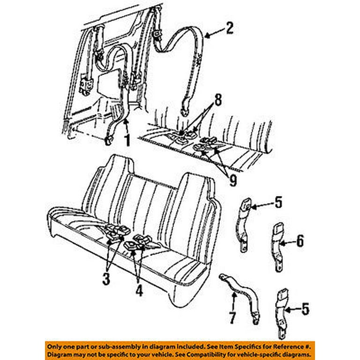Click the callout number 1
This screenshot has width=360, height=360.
(x=126, y=139)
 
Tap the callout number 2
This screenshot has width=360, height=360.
(x=229, y=28)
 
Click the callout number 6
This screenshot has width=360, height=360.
(x=300, y=241)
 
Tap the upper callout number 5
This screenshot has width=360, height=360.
(x=278, y=203)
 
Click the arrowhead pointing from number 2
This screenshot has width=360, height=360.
(x=207, y=34)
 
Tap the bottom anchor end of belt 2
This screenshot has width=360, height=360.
(x=184, y=111)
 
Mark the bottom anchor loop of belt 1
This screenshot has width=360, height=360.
(x=109, y=139)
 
